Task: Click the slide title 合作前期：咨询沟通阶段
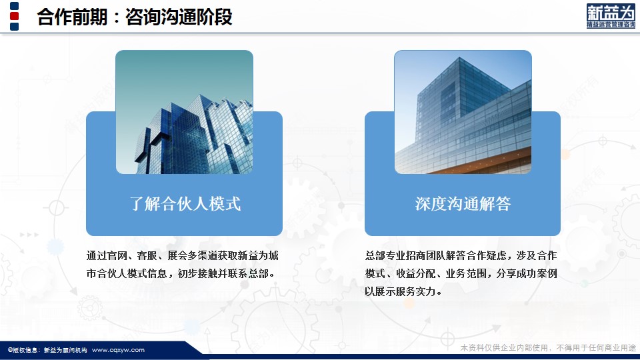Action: click(135, 17)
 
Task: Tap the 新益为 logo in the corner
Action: click(611, 16)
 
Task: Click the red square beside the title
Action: click(14, 16)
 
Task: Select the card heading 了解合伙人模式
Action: click(185, 204)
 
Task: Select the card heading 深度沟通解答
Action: click(463, 204)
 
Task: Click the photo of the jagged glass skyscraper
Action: click(184, 112)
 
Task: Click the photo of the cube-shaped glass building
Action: click(463, 112)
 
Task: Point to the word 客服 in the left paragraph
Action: click(147, 255)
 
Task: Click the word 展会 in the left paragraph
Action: click(177, 255)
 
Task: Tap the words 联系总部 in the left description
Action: click(248, 273)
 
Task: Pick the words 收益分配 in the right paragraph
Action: click(415, 273)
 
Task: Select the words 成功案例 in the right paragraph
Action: click(537, 273)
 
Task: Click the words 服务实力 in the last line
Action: click(415, 291)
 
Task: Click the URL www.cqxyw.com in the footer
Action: click(118, 350)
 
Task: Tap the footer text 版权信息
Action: click(24, 350)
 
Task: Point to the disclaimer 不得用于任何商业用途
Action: click(596, 348)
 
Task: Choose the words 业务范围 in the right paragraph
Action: click(466, 273)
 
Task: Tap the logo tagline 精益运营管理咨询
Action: click(611, 25)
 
